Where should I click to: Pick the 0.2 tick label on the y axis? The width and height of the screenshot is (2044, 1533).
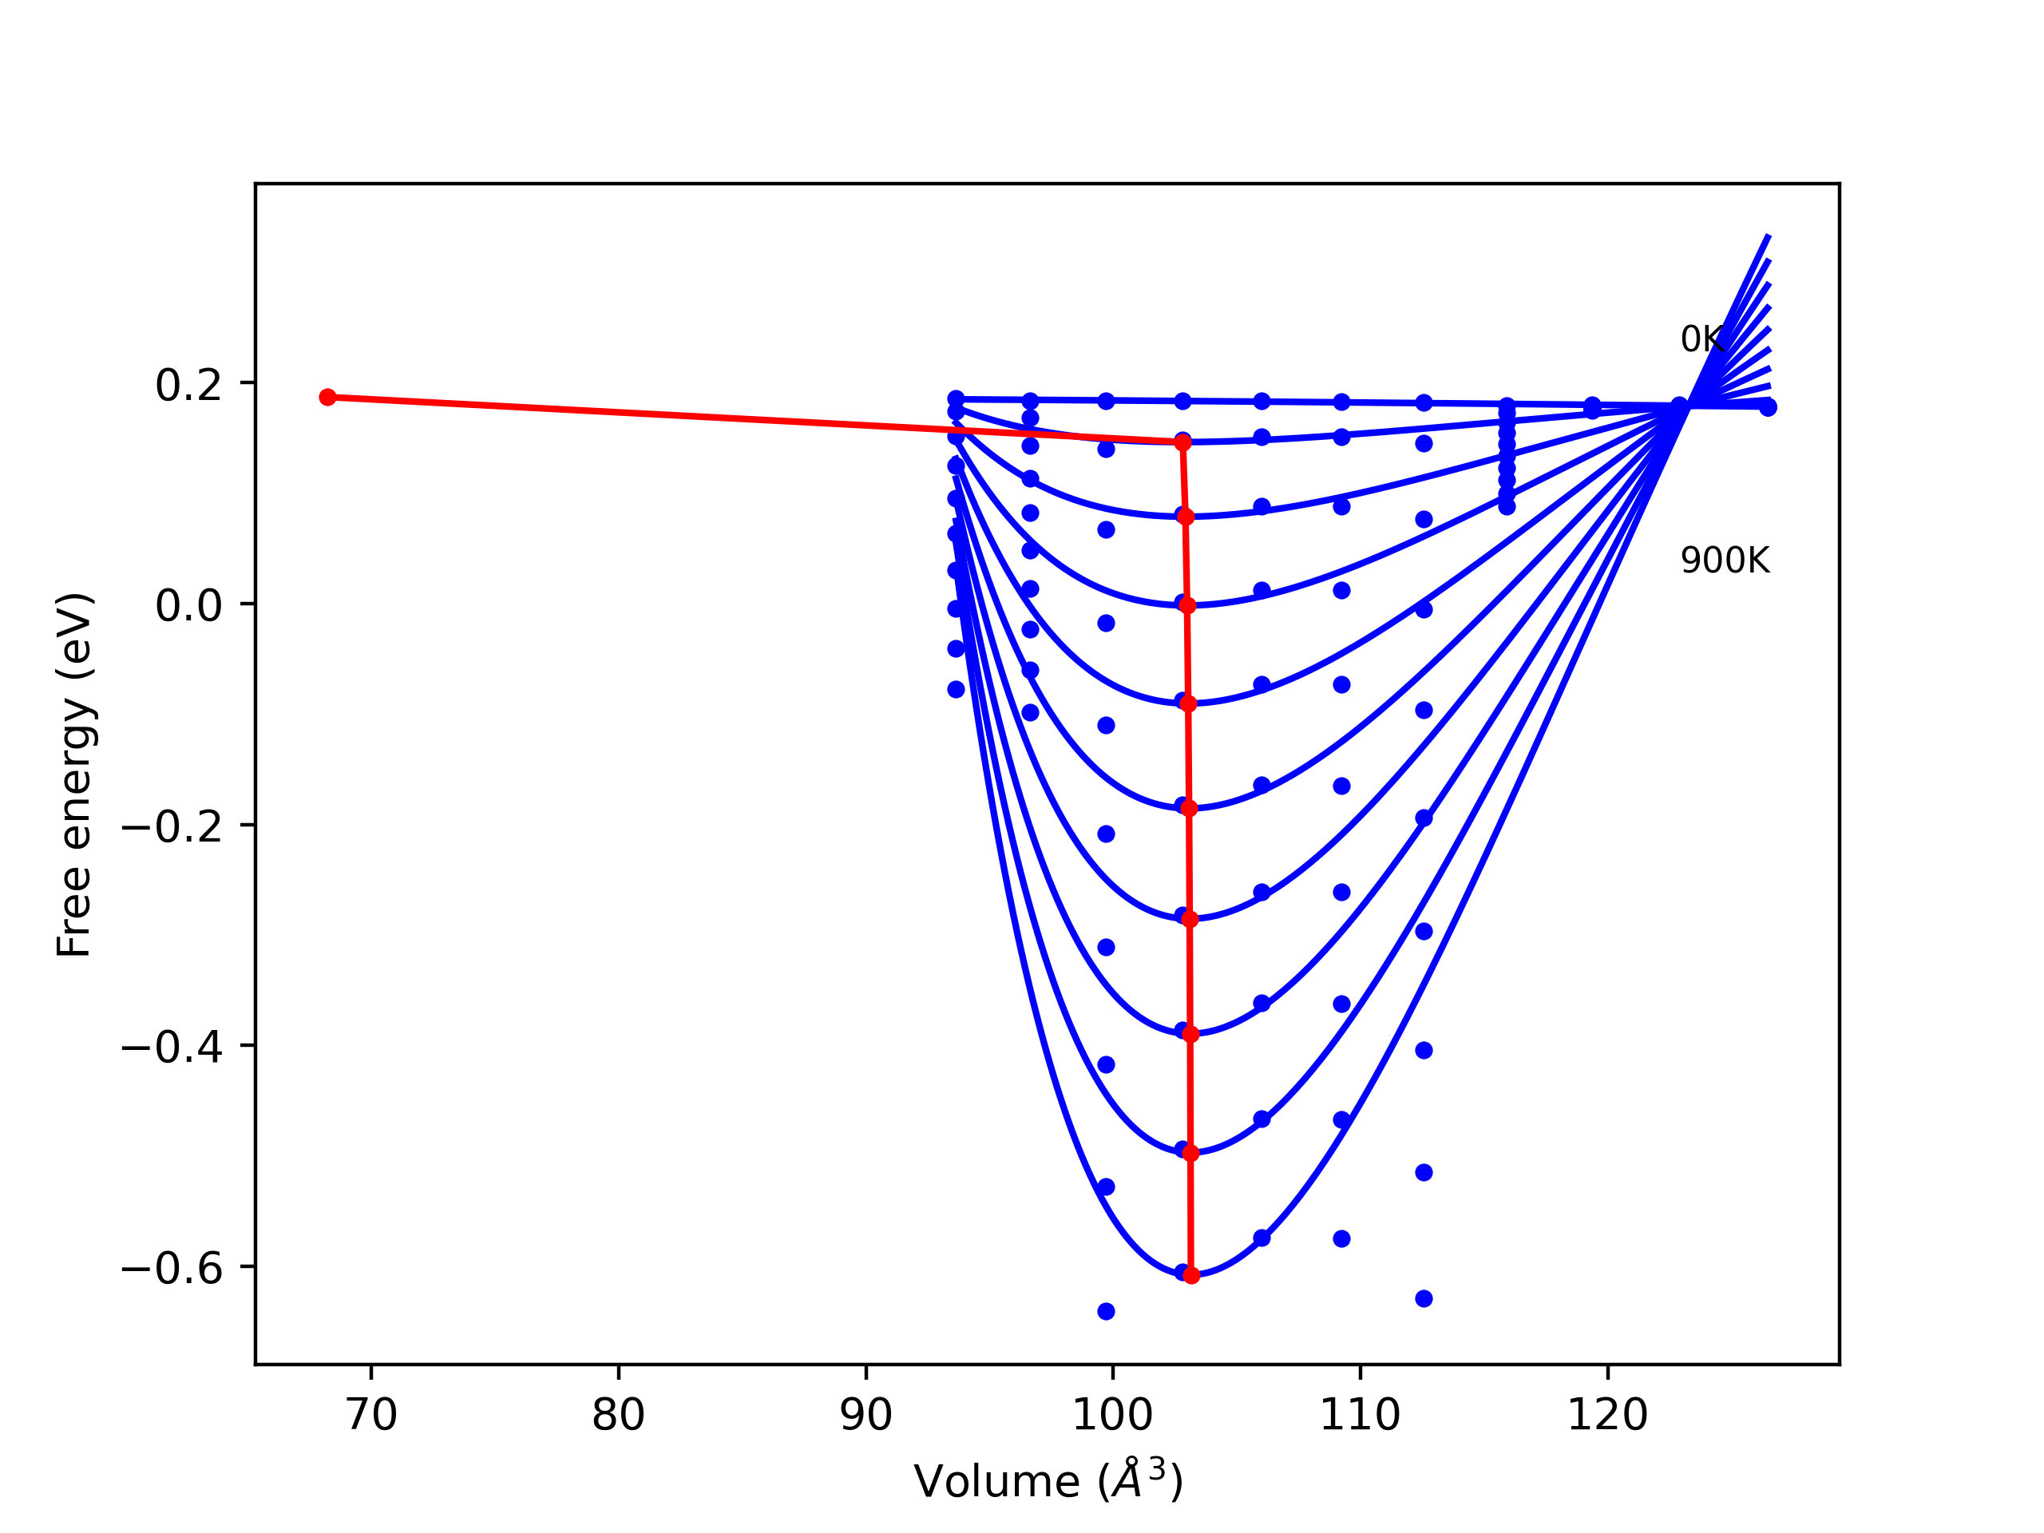(188, 386)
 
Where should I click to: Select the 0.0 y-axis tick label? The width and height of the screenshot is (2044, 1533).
(188, 606)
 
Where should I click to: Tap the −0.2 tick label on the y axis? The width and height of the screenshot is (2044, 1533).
(172, 827)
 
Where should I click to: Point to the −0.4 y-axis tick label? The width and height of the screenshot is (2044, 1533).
(172, 1048)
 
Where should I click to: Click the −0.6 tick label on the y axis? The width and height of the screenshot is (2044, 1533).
(172, 1269)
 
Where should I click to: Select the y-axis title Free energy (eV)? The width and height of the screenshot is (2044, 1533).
(74, 774)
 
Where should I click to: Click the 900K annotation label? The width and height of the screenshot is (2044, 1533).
(1725, 561)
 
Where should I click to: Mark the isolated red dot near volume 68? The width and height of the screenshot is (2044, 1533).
(327, 398)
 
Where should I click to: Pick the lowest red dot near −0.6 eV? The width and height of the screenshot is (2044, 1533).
(1191, 1275)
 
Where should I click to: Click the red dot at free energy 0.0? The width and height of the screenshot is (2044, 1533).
(1187, 606)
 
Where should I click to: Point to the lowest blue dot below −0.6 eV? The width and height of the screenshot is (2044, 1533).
(1106, 1311)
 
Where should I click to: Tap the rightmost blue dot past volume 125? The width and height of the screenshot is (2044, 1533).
(1768, 407)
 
